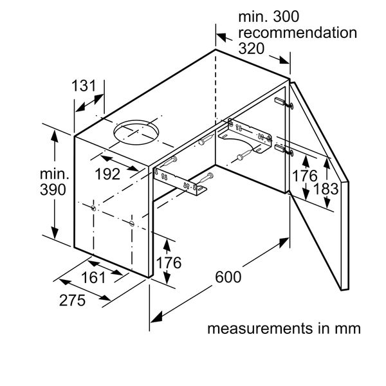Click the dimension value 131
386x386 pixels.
click(x=84, y=86)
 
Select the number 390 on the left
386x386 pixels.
click(x=52, y=190)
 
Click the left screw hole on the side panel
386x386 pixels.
click(x=95, y=208)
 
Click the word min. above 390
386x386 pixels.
click(x=53, y=174)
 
